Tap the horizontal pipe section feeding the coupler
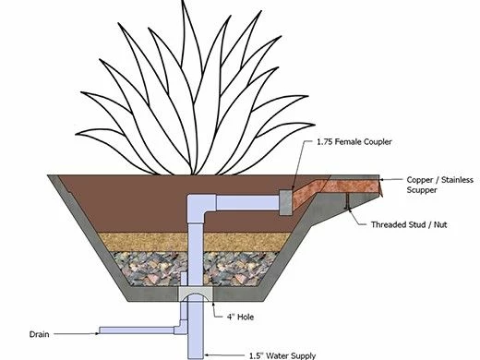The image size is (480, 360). click(245, 200)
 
